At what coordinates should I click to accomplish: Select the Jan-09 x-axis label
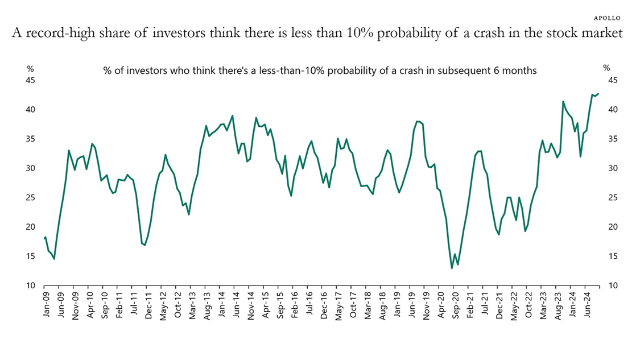point(45,305)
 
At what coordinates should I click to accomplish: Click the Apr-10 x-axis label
point(90,305)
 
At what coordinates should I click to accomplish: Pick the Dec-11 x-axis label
point(149,305)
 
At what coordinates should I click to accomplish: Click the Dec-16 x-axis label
point(324,305)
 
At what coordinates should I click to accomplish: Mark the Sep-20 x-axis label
point(455,305)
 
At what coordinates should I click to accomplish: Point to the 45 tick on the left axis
point(31,80)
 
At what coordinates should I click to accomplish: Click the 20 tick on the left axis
point(31,227)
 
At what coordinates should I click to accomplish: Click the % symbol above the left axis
point(30,68)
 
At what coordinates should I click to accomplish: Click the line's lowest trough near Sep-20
point(452,268)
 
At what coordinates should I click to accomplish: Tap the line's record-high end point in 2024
point(598,94)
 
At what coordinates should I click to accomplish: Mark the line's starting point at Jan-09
point(45,237)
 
